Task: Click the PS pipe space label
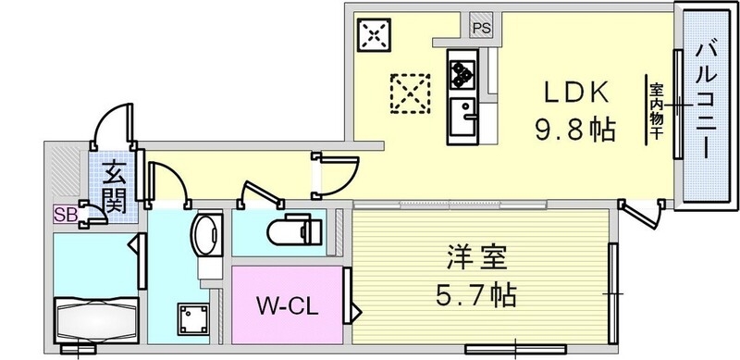point(481,29)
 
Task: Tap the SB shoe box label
point(66,215)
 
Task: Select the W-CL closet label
point(287,307)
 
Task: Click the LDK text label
point(575,94)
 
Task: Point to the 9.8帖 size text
point(575,129)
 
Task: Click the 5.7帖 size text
point(475,295)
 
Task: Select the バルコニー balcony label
point(707,100)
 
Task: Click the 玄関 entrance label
point(114,186)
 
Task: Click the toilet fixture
point(294,230)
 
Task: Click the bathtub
point(96,320)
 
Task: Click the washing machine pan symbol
point(193,319)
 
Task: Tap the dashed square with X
point(410,93)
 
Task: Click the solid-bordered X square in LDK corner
point(374,34)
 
